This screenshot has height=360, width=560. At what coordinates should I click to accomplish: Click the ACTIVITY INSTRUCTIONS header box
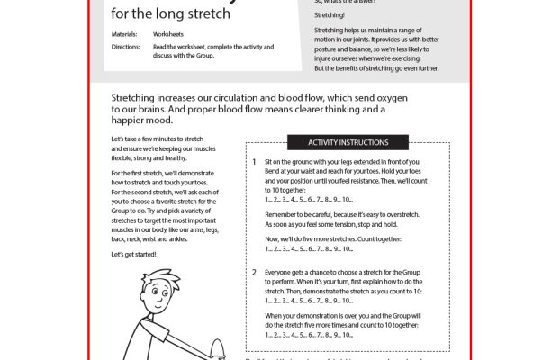click(348, 142)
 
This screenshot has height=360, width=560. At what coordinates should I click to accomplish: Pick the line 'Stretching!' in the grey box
click(330, 15)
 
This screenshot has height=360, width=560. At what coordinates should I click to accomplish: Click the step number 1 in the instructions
click(255, 161)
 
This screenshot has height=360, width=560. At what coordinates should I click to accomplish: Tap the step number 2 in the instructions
click(255, 271)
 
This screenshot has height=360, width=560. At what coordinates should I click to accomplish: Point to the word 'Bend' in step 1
click(275, 171)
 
